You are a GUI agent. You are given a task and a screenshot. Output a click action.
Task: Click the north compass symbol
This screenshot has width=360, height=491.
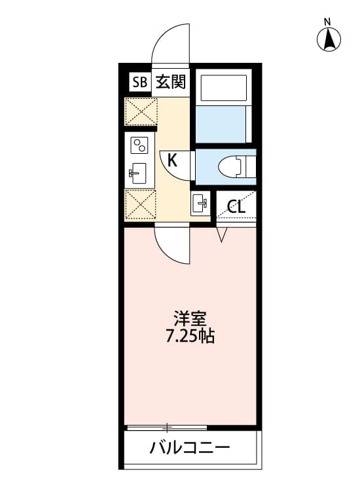click(x=330, y=41)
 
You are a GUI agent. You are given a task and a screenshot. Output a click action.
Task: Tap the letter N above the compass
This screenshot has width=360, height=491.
click(x=328, y=22)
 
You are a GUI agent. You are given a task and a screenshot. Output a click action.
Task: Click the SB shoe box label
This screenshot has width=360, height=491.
click(x=139, y=82)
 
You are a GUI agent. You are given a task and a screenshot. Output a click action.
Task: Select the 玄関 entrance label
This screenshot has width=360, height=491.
click(x=170, y=82)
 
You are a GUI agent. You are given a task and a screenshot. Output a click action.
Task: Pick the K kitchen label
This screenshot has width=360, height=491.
click(x=171, y=158)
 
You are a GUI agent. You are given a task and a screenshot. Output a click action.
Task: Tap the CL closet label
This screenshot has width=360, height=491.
click(x=236, y=207)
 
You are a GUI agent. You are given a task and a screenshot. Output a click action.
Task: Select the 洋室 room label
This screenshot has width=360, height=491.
click(x=190, y=320)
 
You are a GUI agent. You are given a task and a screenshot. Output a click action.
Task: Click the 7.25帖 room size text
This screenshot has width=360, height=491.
click(x=190, y=338)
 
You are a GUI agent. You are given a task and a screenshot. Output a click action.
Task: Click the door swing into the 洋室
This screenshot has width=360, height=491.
click(x=171, y=244)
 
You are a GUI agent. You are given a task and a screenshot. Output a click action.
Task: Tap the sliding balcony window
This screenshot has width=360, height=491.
click(x=167, y=427)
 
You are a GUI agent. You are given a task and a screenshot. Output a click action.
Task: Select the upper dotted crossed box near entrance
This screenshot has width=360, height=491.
click(x=140, y=111)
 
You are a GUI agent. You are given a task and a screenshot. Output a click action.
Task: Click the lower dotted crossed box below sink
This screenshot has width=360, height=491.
click(x=140, y=204)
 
